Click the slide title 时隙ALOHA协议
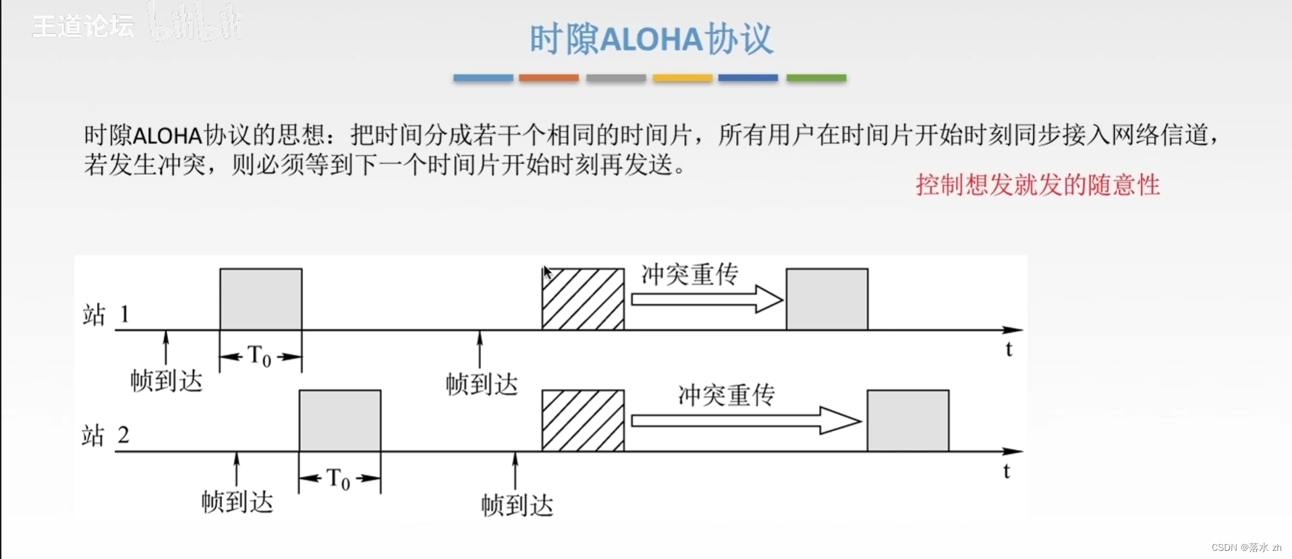click(x=651, y=39)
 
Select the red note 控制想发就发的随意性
click(x=1037, y=185)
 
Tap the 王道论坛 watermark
click(x=83, y=26)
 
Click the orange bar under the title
click(x=549, y=78)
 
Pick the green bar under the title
click(x=816, y=78)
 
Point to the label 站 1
click(x=106, y=314)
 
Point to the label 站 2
click(x=105, y=435)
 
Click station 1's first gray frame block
click(x=260, y=299)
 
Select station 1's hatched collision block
click(x=583, y=299)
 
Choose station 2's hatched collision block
click(x=583, y=420)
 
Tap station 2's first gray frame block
click(x=340, y=420)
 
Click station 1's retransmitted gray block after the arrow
click(x=827, y=299)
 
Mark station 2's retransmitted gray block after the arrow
click(x=907, y=420)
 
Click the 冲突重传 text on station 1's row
click(x=690, y=274)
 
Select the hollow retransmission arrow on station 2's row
click(x=746, y=421)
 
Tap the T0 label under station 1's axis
click(x=260, y=355)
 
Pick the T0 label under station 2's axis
click(x=339, y=479)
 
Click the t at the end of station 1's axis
click(x=1009, y=349)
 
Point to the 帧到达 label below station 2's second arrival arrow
click(x=517, y=505)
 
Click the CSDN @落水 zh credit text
click(x=1245, y=548)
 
